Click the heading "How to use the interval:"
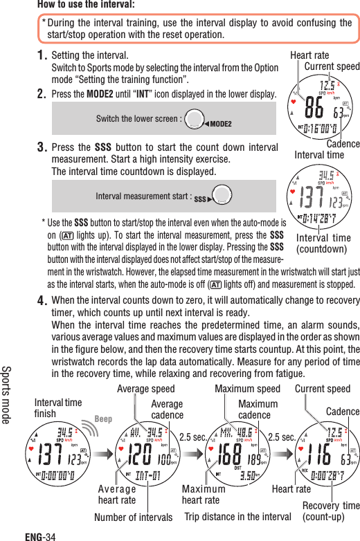click(x=86, y=6)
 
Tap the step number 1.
click(x=42, y=55)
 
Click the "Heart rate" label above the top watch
click(x=309, y=55)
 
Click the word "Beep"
click(x=103, y=419)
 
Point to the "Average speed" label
click(x=145, y=389)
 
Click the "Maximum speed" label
click(x=247, y=389)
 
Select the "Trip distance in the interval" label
click(x=238, y=517)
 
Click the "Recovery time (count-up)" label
click(x=330, y=511)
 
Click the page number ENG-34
click(x=39, y=535)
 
